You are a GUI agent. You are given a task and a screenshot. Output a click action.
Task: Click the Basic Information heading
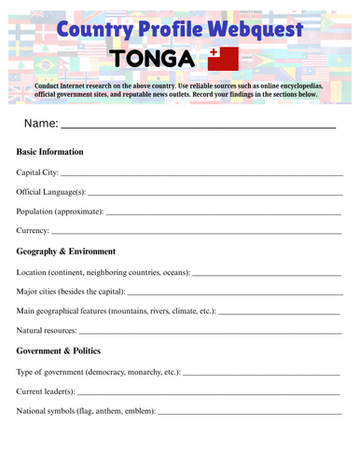tap(49, 151)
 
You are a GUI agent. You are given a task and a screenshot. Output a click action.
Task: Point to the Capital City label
tap(37, 172)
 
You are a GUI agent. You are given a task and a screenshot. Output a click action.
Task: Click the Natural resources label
tap(47, 330)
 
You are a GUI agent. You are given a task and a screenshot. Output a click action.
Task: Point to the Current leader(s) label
tap(47, 391)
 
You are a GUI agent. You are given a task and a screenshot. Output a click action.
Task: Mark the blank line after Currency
tap(196, 232)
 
